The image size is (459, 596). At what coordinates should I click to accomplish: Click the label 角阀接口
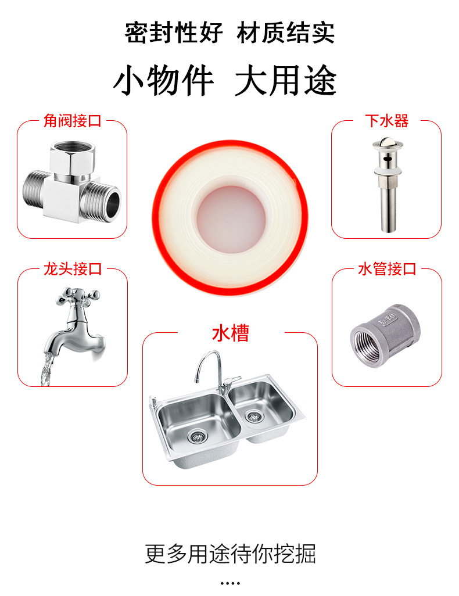[x=72, y=121]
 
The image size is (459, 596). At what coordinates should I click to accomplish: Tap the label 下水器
[x=386, y=121]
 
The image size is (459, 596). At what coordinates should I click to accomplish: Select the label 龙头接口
[x=73, y=269]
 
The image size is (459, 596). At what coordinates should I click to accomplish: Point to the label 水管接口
[x=387, y=269]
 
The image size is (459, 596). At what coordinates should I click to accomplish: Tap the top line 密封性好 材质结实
[x=229, y=33]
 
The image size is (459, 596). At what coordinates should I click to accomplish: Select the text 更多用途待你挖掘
[x=230, y=553]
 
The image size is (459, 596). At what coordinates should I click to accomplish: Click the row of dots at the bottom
[x=230, y=583]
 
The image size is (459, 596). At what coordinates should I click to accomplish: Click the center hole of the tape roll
[x=231, y=219]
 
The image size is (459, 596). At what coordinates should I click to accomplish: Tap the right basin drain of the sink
[x=253, y=416]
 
